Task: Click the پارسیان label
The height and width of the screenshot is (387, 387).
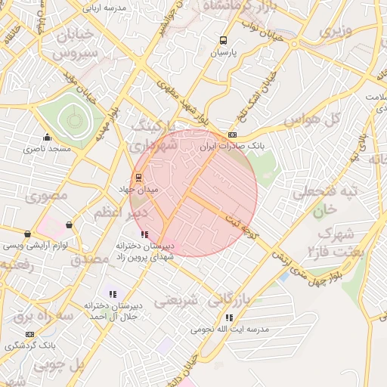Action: coord(223,54)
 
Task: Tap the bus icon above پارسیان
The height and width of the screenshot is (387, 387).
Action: coord(223,41)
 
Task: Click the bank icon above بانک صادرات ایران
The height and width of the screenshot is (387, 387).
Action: coord(232,135)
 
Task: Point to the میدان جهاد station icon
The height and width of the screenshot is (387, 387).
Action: coord(139,178)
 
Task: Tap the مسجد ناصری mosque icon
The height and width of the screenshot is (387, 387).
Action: coord(48,138)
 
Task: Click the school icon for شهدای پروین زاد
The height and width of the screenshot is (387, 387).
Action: coord(144,234)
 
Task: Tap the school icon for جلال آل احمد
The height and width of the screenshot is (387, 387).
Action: coord(113,294)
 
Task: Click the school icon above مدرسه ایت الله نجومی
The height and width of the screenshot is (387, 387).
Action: coord(229,317)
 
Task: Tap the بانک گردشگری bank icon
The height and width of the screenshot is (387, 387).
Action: coord(29,333)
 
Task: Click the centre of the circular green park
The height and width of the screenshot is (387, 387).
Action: coord(73,119)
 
